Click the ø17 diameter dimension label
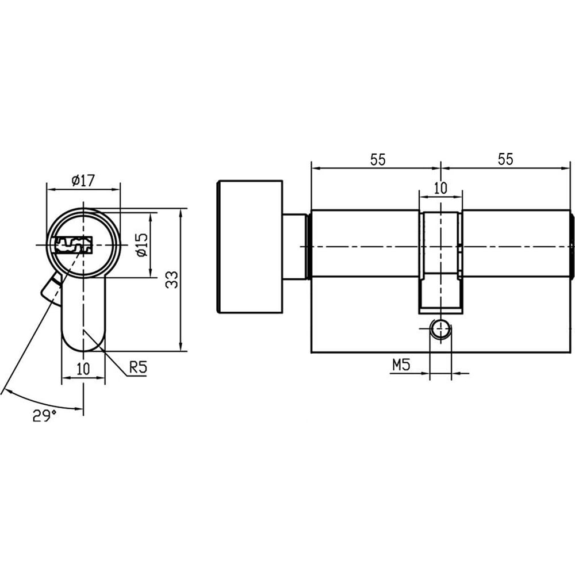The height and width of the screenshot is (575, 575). tap(83, 181)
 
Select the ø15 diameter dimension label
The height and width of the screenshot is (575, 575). tap(141, 244)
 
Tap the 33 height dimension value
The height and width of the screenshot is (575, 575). tap(171, 279)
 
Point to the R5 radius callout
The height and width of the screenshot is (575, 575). tap(138, 367)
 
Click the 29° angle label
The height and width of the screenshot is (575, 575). tap(44, 416)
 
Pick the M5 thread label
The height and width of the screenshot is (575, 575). tap(401, 365)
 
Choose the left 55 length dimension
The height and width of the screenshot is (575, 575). tap(378, 160)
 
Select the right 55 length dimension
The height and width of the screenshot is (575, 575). tap(505, 159)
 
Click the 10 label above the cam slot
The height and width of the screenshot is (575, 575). tap(440, 188)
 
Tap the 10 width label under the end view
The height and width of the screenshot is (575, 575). tap(83, 369)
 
